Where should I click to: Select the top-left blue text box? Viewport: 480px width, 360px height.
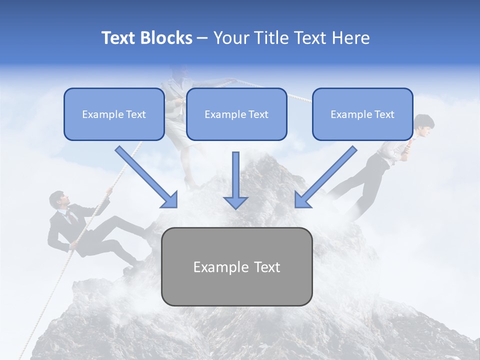[114, 114]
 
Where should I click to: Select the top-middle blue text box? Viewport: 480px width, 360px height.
[236, 114]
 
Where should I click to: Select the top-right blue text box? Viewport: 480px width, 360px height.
[362, 114]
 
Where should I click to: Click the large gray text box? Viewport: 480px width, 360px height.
[236, 266]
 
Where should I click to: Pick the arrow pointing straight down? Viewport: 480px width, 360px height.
[235, 180]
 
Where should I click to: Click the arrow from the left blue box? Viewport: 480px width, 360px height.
[147, 177]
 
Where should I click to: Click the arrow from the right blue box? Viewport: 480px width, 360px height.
[325, 177]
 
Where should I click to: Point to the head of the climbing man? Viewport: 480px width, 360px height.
[57, 199]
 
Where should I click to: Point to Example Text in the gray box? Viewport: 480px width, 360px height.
[236, 267]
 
